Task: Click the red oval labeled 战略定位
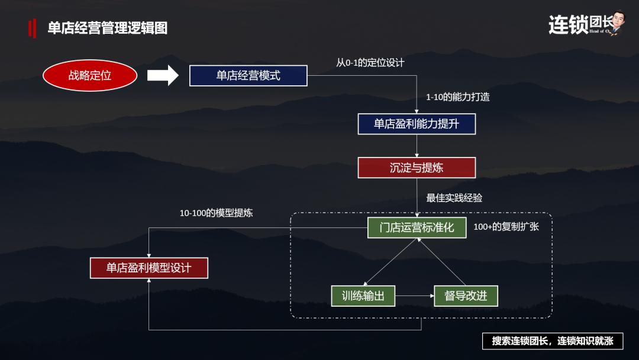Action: tap(90, 75)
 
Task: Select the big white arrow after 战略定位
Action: tap(163, 75)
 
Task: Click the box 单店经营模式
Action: tap(248, 76)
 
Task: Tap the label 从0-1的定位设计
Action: tap(370, 62)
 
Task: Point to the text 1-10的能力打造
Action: tap(458, 97)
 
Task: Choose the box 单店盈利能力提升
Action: tap(417, 124)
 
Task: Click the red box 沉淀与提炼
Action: tap(417, 168)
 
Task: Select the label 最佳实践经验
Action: tap(454, 198)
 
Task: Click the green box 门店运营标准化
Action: tap(417, 227)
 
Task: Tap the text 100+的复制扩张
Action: tap(506, 226)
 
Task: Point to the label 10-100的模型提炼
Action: tap(216, 213)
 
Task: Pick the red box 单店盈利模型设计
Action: tap(149, 268)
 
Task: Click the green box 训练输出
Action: tap(363, 295)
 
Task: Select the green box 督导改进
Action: tap(466, 295)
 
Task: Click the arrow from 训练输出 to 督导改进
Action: tap(414, 295)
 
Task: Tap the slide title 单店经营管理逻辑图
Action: tap(107, 28)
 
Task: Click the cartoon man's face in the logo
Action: tap(618, 19)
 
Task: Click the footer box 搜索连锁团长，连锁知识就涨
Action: tap(553, 341)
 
